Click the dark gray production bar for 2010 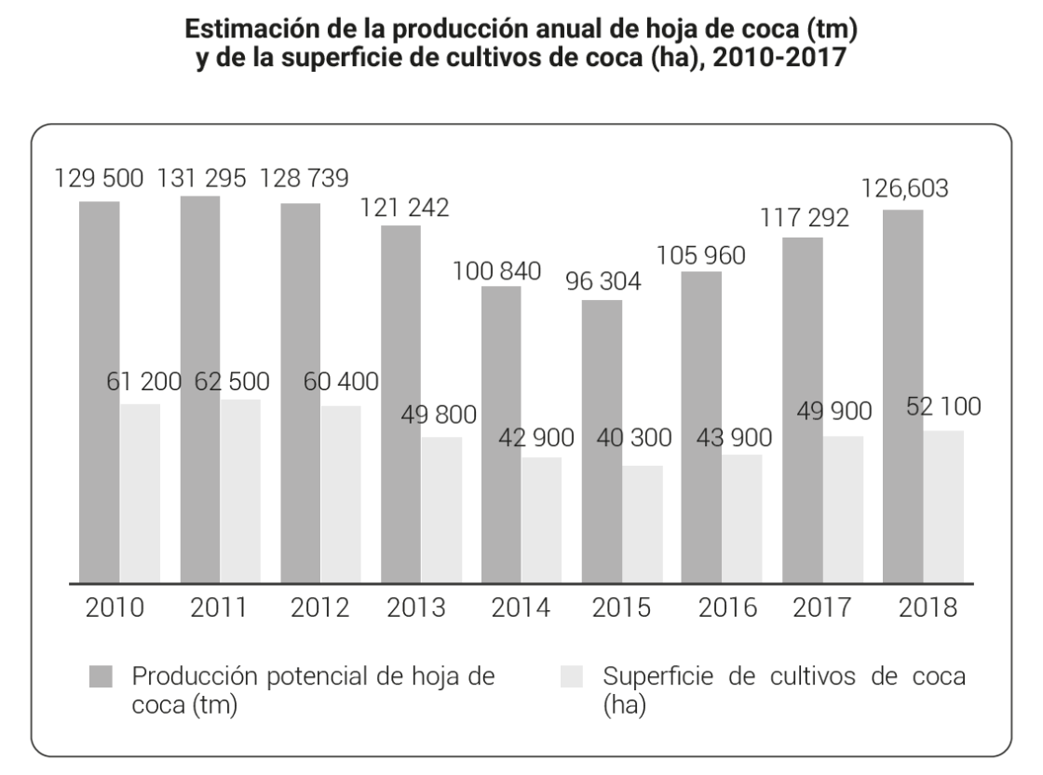(100, 391)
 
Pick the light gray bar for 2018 (943, 507)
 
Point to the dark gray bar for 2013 (400, 404)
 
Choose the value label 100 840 (497, 272)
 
